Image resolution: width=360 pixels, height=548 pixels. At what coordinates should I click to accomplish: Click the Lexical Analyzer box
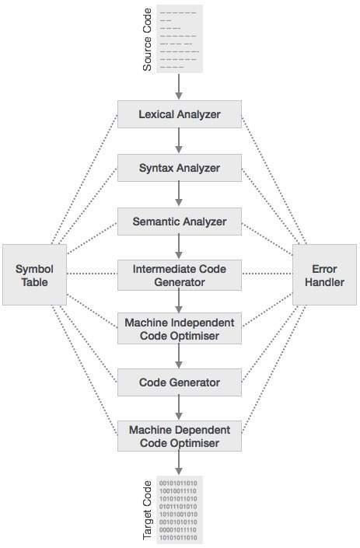point(180,114)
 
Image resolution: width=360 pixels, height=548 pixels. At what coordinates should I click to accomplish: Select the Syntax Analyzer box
point(180,168)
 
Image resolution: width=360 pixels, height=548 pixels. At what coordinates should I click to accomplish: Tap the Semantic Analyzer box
point(180,222)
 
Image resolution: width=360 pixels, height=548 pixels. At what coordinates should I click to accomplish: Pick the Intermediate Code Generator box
point(180,275)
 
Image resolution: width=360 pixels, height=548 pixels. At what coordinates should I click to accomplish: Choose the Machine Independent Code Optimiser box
point(180,329)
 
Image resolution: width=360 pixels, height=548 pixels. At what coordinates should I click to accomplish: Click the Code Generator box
point(180,382)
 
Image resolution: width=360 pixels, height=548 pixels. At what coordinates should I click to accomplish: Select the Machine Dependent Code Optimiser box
point(180,436)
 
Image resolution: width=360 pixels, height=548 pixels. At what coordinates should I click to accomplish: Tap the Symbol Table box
point(35,274)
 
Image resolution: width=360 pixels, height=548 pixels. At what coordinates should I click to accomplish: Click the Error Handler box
point(324,274)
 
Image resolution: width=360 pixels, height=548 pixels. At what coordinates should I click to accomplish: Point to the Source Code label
point(147,40)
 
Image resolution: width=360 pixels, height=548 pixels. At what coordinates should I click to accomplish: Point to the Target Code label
point(147,510)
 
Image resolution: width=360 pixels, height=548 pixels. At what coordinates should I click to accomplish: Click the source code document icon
point(180,39)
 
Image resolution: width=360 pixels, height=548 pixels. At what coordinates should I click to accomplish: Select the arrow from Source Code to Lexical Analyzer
point(179,86)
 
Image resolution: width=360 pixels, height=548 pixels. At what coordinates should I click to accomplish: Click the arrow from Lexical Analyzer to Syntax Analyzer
point(179,141)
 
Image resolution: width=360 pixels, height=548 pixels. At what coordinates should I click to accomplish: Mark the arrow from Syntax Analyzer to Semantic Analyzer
point(179,194)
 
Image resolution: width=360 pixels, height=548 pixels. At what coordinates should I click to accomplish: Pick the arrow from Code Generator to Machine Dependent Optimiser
point(179,407)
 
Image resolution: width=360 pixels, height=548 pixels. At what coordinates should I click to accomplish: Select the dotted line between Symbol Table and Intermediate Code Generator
point(92,274)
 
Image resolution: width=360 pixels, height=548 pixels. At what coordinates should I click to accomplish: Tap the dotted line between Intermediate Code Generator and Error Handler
point(267,274)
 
